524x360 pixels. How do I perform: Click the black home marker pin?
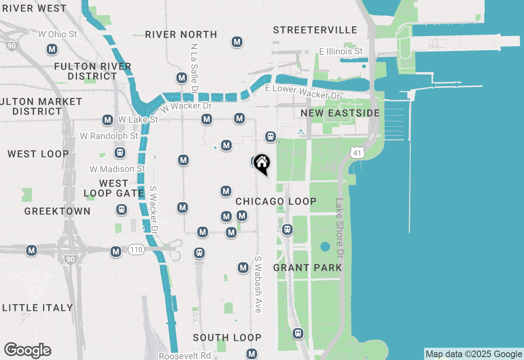pos(262,164)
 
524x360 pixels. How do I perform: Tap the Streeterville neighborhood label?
pos(315,30)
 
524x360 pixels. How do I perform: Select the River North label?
pos(181,34)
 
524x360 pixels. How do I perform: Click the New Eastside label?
pos(340,113)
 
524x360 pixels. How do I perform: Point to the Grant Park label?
pos(307,268)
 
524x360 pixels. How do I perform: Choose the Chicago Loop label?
pos(276,201)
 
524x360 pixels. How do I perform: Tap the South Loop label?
pos(227,337)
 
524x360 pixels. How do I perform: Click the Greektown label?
pos(57,211)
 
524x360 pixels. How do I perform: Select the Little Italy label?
pos(38,308)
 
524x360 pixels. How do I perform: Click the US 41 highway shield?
pos(357,153)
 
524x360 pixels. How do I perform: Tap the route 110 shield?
pos(136,249)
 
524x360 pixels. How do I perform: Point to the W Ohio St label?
pos(57,34)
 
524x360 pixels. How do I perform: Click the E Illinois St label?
pos(341,51)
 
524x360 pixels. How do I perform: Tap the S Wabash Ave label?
pos(258,284)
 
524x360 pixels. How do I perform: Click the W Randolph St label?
pos(109,136)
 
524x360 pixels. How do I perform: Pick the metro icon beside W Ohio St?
pos(52,49)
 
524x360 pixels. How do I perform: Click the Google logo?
pos(27,350)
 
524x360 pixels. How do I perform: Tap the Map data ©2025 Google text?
pos(474,354)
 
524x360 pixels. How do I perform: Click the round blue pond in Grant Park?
pos(325,247)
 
